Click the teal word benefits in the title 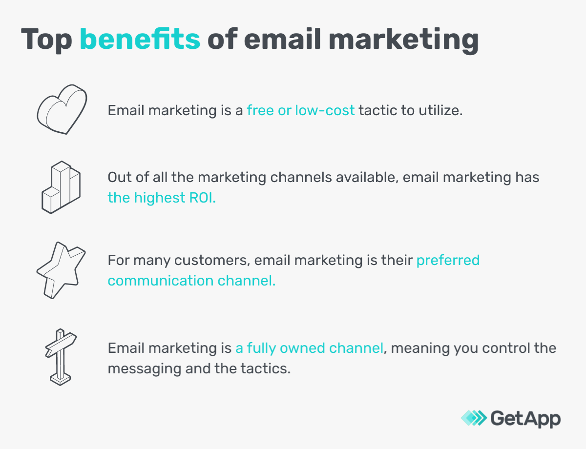(140, 40)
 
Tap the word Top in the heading (46, 40)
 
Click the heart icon (62, 109)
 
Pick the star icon (61, 269)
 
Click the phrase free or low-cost (300, 110)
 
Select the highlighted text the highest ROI (162, 198)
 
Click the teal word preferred (448, 260)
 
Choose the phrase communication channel (191, 281)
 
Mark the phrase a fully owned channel (309, 348)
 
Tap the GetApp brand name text (525, 418)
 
